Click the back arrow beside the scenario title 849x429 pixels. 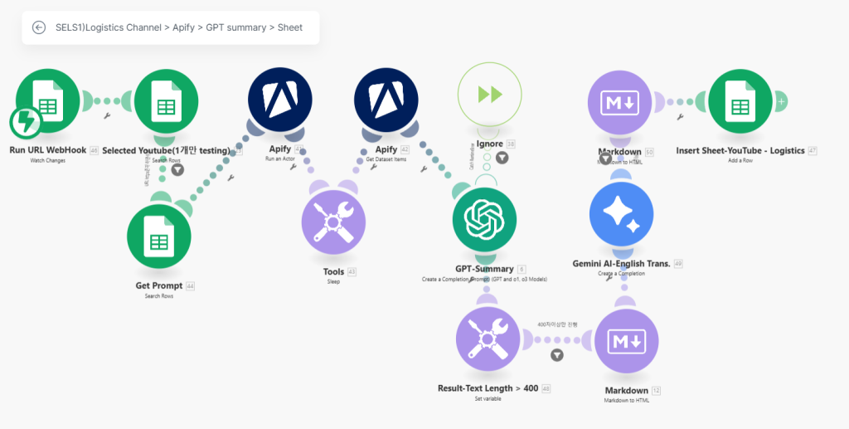(x=39, y=27)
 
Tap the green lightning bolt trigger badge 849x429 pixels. (x=26, y=123)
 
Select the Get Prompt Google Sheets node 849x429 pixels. (x=158, y=236)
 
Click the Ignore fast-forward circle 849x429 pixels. (x=489, y=94)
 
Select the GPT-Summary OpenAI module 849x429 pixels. (x=484, y=220)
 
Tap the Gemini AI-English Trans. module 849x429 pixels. (x=621, y=215)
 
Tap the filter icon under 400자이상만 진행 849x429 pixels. (x=557, y=355)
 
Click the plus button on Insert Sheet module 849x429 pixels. (x=780, y=100)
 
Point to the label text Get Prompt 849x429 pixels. (x=158, y=286)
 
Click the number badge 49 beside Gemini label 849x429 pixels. (x=678, y=264)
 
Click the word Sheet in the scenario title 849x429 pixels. (x=290, y=27)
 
